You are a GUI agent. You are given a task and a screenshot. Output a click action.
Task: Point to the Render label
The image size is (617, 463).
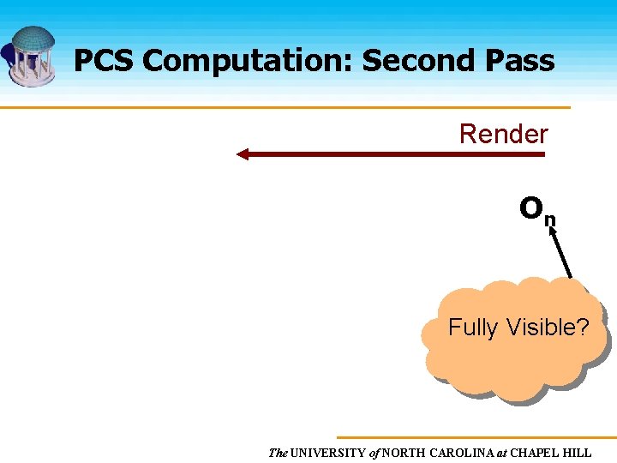[x=503, y=134]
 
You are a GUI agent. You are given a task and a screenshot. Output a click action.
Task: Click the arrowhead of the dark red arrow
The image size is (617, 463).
[x=243, y=154]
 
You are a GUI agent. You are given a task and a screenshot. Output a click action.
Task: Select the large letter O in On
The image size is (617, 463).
[x=530, y=207]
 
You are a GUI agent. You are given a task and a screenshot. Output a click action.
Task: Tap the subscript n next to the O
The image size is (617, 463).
[x=550, y=219]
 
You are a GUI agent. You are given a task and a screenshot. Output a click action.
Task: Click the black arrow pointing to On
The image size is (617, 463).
[x=560, y=253]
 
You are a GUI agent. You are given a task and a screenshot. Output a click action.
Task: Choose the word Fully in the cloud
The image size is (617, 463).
[x=472, y=327]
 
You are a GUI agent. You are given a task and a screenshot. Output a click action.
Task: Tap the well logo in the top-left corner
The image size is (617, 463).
[x=31, y=56]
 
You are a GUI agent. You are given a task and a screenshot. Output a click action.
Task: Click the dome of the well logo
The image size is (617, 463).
[x=33, y=39]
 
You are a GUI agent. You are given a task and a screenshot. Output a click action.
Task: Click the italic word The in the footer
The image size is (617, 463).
[x=278, y=453]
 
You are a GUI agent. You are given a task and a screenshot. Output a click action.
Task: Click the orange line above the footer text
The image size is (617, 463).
[x=476, y=437]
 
